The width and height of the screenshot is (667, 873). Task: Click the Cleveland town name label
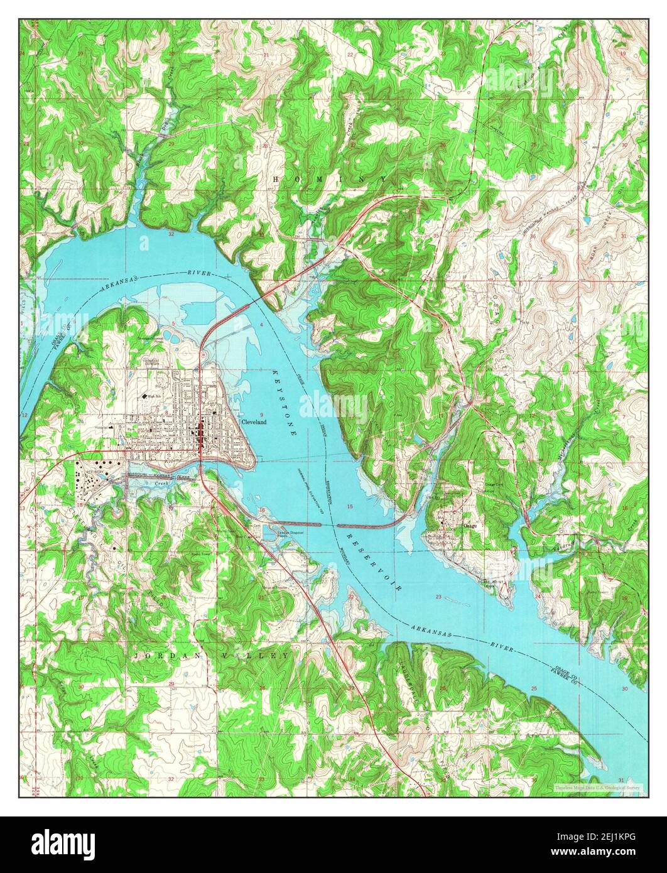click(254, 422)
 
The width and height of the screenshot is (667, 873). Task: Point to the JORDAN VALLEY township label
click(212, 655)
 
